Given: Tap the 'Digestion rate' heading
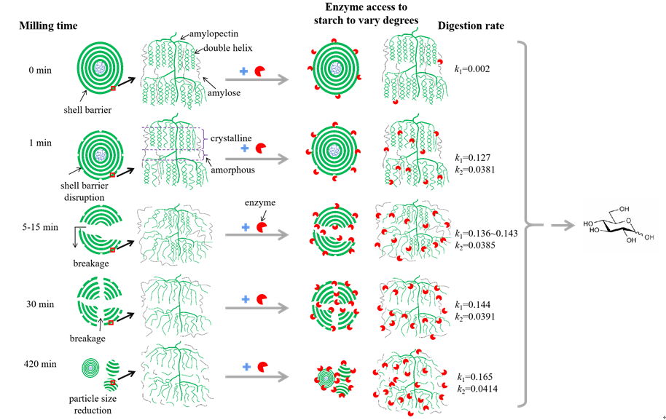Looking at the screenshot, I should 471,26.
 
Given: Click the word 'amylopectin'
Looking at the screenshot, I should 211,33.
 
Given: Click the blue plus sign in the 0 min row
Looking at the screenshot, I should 244,72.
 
